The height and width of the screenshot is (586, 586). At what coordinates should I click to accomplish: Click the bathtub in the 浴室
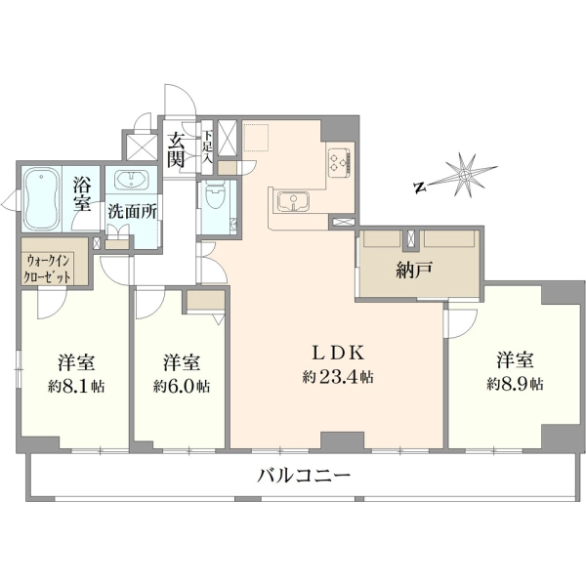click(x=41, y=199)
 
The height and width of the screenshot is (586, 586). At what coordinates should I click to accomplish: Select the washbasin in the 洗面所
click(x=131, y=181)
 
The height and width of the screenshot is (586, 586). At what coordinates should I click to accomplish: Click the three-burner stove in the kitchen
click(x=339, y=163)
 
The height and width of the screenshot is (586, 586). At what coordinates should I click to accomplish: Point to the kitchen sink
click(x=293, y=201)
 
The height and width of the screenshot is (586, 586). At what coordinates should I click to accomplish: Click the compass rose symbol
click(x=465, y=175)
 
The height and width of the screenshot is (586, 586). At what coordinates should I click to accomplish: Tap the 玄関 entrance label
click(x=176, y=150)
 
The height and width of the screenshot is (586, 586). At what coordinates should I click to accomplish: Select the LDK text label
click(x=338, y=353)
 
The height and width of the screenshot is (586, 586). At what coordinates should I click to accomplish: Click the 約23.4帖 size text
click(x=338, y=377)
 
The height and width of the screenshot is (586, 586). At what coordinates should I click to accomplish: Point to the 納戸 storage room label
click(x=414, y=270)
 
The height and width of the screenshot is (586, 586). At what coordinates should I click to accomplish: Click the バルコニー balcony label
click(x=304, y=476)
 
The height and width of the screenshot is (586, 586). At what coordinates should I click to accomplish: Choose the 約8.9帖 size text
click(x=515, y=384)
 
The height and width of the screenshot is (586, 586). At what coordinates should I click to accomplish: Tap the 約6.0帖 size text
click(x=182, y=386)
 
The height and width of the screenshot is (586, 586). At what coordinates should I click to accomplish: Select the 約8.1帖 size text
click(x=76, y=386)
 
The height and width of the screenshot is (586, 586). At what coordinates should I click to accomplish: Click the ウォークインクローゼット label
click(x=48, y=268)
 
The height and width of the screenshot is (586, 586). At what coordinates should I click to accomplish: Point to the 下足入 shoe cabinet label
click(x=207, y=147)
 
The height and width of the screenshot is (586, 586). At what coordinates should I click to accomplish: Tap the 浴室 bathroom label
click(x=81, y=193)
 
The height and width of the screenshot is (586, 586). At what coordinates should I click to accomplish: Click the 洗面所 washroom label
click(x=132, y=212)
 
